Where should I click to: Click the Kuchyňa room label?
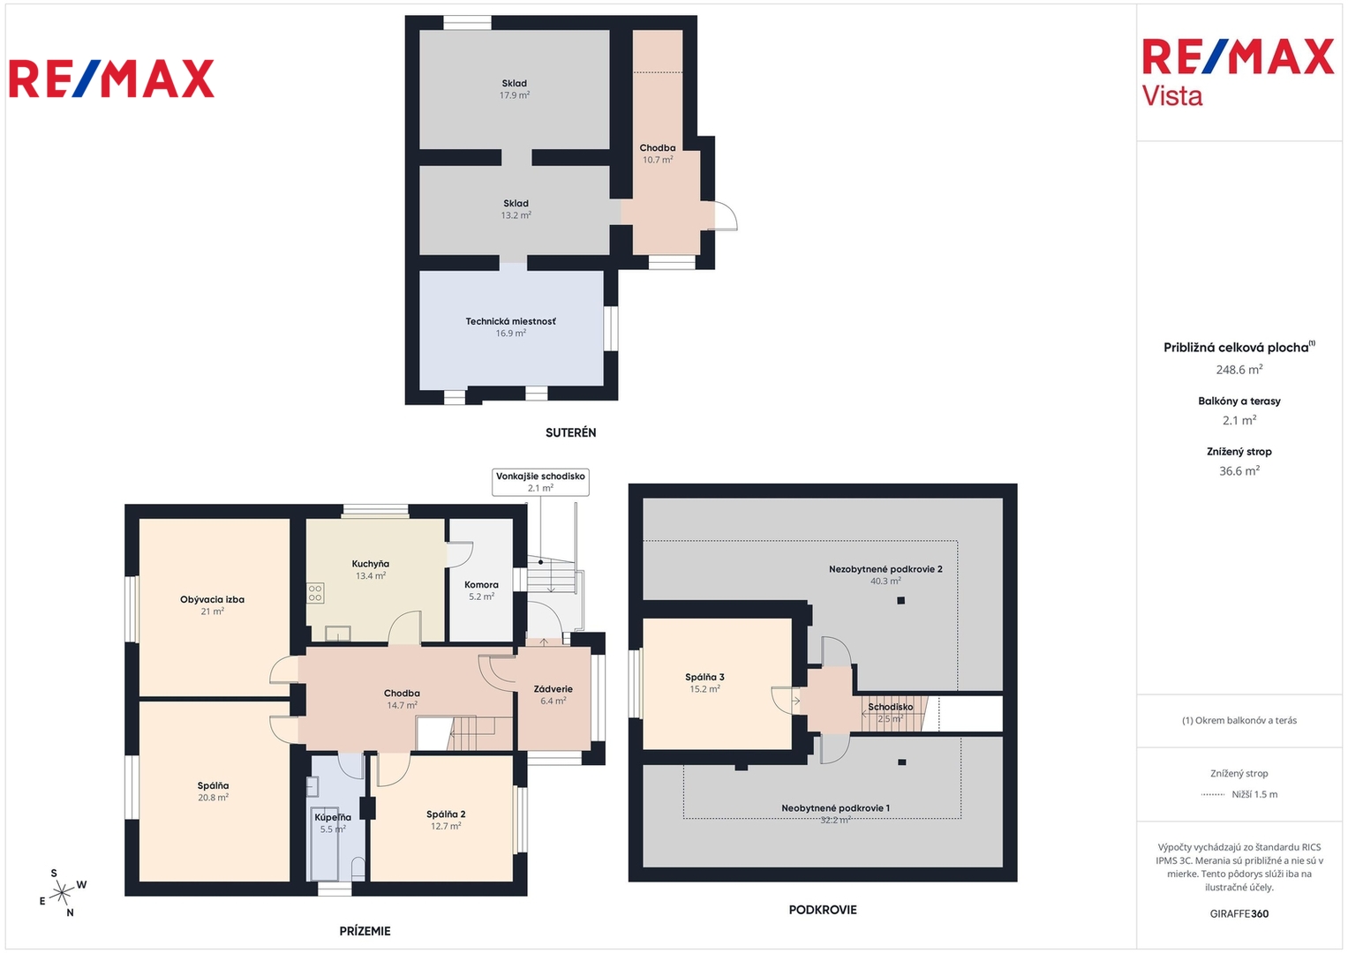pyautogui.click(x=371, y=565)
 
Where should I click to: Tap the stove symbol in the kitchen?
pyautogui.click(x=315, y=593)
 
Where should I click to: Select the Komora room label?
pyautogui.click(x=481, y=585)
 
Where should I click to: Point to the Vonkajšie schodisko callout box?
pyautogui.click(x=540, y=482)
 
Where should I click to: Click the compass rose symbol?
pyautogui.click(x=62, y=893)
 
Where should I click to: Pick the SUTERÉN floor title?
pyautogui.click(x=570, y=432)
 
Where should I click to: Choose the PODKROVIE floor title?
pyautogui.click(x=823, y=910)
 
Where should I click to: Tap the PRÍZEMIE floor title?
pyautogui.click(x=365, y=931)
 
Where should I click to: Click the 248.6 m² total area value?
pyautogui.click(x=1239, y=370)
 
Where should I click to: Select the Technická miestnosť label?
pyautogui.click(x=510, y=321)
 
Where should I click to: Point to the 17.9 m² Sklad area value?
pyautogui.click(x=515, y=95)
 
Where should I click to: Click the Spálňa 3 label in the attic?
pyautogui.click(x=704, y=678)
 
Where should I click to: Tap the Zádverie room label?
pyautogui.click(x=553, y=689)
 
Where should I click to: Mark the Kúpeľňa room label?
pyautogui.click(x=333, y=818)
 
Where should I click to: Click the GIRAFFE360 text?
pyautogui.click(x=1239, y=914)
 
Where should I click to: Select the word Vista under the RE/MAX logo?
pyautogui.click(x=1172, y=96)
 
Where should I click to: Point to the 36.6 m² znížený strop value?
pyautogui.click(x=1239, y=471)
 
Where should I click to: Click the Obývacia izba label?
pyautogui.click(x=213, y=600)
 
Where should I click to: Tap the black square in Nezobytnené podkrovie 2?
pyautogui.click(x=900, y=600)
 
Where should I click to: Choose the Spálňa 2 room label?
pyautogui.click(x=446, y=814)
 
